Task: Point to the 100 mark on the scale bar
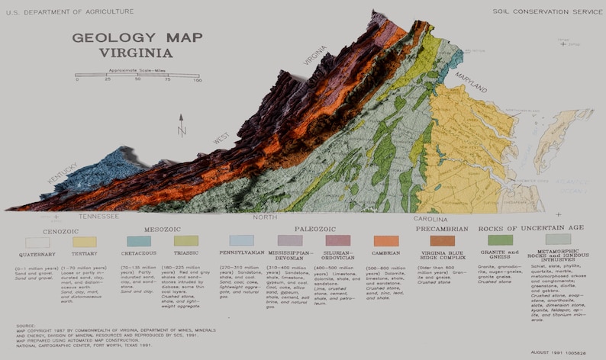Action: [197, 79]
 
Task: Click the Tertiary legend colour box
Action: [84, 242]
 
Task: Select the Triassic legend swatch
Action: [185, 241]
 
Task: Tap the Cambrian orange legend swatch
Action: [386, 241]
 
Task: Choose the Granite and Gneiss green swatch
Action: [501, 241]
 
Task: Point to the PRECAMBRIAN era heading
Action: [443, 228]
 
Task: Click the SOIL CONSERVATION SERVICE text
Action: [537, 11]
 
